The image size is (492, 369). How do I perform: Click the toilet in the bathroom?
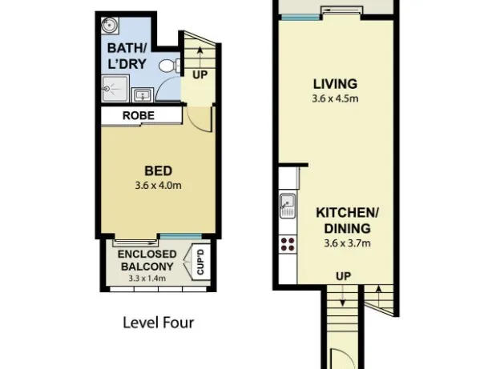click(169, 66)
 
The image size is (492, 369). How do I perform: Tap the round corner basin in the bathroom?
click(110, 25)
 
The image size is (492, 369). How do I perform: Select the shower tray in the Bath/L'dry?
click(115, 89)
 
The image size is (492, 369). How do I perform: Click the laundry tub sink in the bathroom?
click(143, 95)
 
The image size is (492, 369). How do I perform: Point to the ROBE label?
click(139, 115)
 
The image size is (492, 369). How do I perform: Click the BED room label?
click(158, 170)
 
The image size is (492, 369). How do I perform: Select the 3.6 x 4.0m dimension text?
click(158, 185)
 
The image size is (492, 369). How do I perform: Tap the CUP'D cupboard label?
click(200, 262)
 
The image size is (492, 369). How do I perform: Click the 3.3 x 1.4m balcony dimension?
click(147, 278)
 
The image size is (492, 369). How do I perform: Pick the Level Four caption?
click(158, 323)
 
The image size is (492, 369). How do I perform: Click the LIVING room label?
click(335, 84)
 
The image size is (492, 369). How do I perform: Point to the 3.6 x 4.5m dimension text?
click(335, 98)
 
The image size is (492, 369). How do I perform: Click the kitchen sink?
click(288, 206)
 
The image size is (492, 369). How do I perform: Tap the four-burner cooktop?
click(288, 245)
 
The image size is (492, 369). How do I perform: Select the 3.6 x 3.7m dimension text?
click(347, 243)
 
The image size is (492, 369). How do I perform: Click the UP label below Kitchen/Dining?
click(343, 276)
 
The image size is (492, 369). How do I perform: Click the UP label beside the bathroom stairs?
click(200, 75)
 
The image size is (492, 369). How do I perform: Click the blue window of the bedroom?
click(180, 236)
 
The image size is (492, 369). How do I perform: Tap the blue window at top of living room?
click(300, 18)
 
